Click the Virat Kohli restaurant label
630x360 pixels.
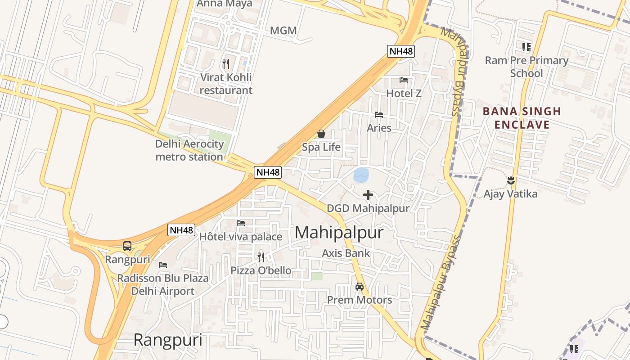click(226, 84)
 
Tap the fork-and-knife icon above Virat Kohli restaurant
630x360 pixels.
click(226, 63)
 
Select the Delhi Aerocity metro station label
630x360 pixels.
click(189, 150)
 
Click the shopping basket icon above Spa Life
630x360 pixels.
click(321, 134)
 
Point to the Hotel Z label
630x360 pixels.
click(404, 94)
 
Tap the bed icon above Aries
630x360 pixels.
click(379, 115)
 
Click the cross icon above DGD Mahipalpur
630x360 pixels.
click(368, 195)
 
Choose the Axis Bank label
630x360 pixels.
click(346, 253)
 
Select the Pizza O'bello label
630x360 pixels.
click(261, 270)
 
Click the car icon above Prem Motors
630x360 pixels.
click(359, 286)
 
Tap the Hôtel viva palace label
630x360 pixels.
click(241, 237)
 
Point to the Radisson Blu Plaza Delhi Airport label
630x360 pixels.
click(163, 284)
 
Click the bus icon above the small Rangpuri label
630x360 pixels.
click(127, 246)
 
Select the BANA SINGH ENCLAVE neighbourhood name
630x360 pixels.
click(522, 118)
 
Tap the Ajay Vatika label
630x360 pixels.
click(510, 194)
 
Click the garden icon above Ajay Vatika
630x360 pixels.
click(511, 180)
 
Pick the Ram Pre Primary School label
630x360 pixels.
click(526, 67)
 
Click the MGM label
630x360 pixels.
click(283, 31)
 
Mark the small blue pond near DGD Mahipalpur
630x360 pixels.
click(361, 175)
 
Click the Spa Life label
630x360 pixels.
click(321, 147)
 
